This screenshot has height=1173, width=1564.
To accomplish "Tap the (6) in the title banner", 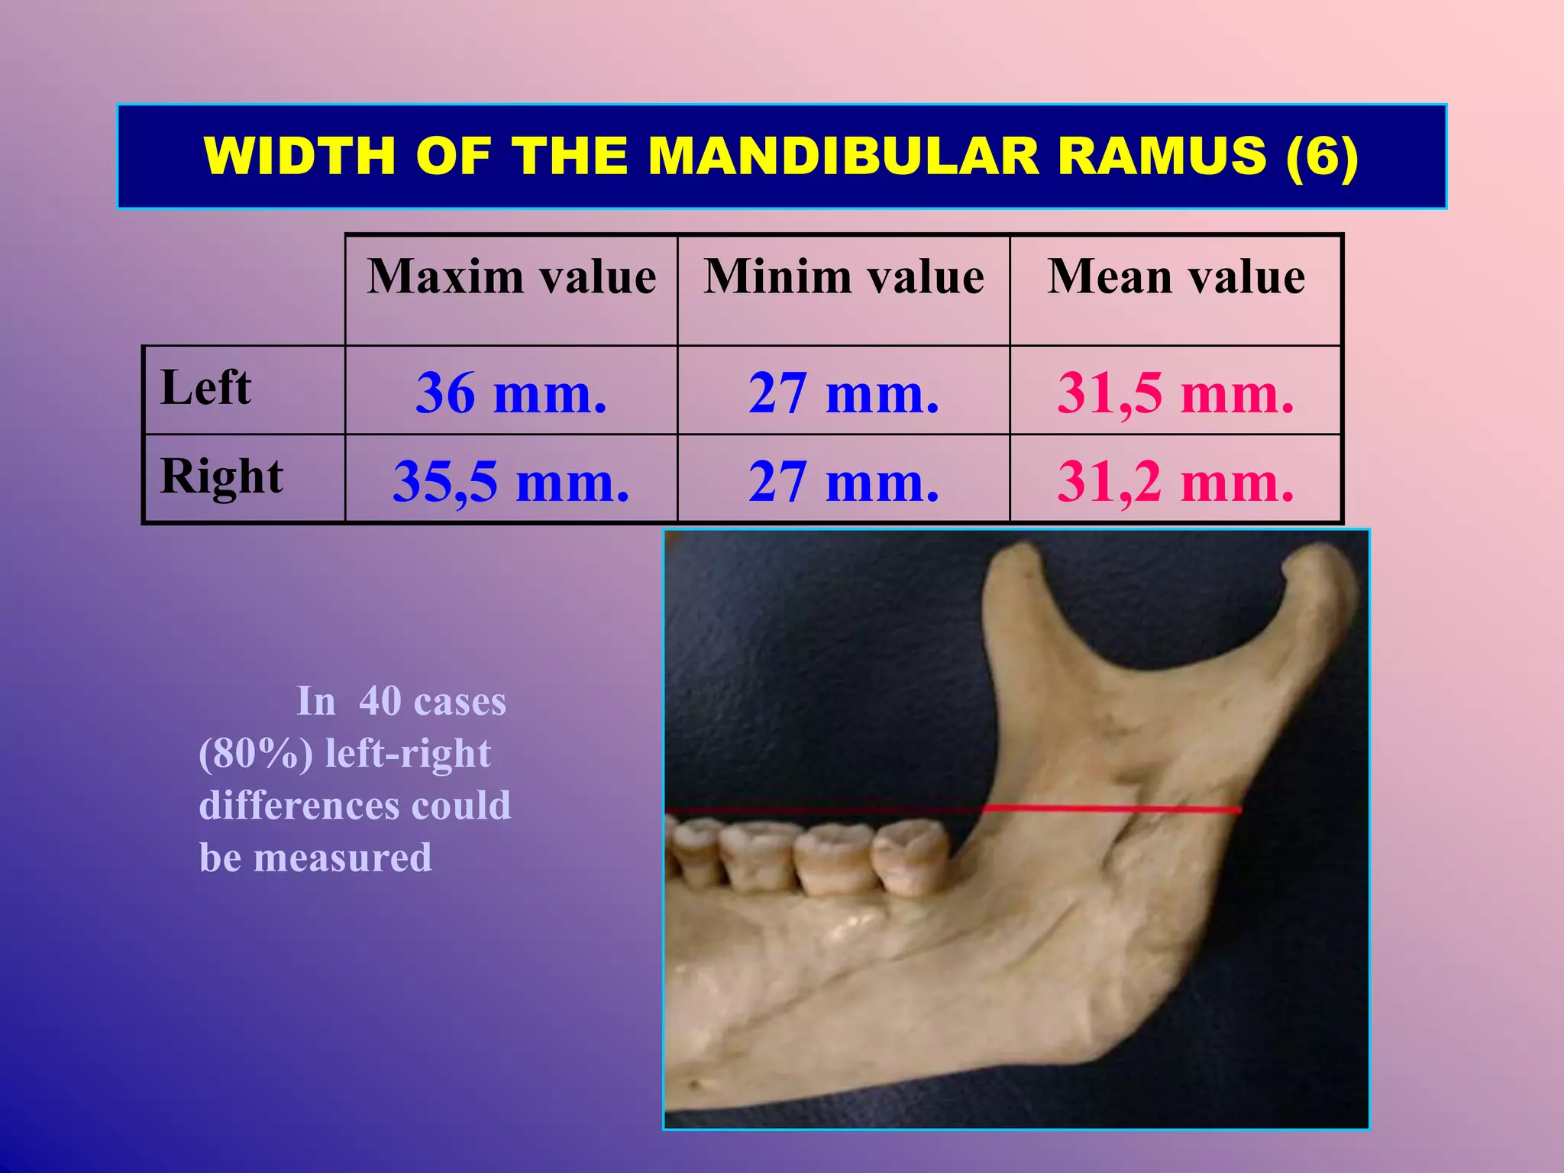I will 1322,156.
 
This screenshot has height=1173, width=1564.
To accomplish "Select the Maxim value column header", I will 511,276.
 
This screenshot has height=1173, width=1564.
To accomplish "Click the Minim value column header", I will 843,276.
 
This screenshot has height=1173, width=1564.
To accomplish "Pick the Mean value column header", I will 1175,276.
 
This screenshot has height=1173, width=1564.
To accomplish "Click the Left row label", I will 205,387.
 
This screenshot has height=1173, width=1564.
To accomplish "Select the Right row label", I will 221,477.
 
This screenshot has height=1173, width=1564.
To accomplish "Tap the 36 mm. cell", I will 511,393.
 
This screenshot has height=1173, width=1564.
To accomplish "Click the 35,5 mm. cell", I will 511,482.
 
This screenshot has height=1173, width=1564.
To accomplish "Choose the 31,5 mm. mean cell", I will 1175,393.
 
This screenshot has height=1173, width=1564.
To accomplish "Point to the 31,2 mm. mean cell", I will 1175,482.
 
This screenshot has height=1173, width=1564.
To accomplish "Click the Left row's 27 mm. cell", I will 843,393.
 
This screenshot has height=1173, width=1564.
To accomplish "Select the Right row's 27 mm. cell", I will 843,482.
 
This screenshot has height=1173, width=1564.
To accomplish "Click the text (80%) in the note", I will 255,754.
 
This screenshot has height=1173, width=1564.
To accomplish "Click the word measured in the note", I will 342,858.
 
